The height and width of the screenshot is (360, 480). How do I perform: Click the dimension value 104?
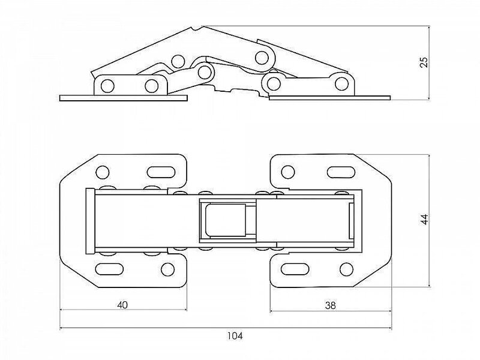tap(235, 336)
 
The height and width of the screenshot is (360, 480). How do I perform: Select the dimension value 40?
tap(122, 305)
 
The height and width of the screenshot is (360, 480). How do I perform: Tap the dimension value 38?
tap(331, 305)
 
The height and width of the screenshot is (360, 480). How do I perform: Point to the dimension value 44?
tap(425, 220)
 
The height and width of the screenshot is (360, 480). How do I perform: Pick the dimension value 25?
tap(424, 62)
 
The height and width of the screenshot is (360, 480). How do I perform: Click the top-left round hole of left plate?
tap(103, 172)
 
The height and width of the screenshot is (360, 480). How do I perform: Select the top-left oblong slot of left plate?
tap(161, 172)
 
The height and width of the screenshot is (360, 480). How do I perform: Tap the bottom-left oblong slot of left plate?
tap(110, 269)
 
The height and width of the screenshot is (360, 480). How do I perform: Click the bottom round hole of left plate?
tap(168, 269)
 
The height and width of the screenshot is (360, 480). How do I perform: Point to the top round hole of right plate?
tap(288, 172)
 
